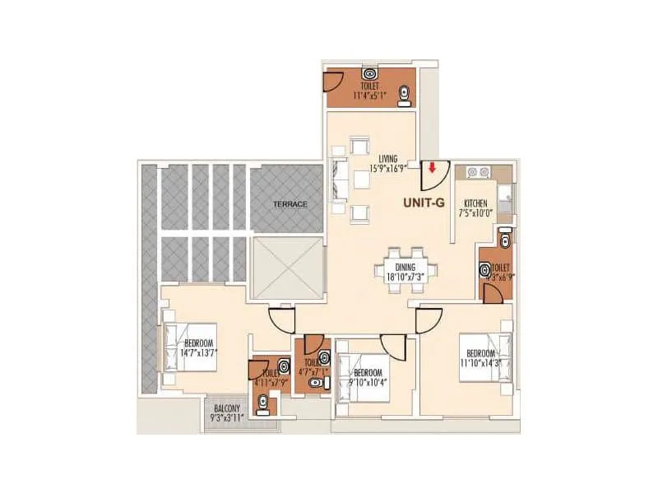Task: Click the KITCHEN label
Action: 476,203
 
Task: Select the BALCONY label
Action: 227,408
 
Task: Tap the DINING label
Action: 405,267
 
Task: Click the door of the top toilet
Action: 332,83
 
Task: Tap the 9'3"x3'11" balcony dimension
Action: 227,417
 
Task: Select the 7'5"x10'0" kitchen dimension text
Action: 476,212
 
